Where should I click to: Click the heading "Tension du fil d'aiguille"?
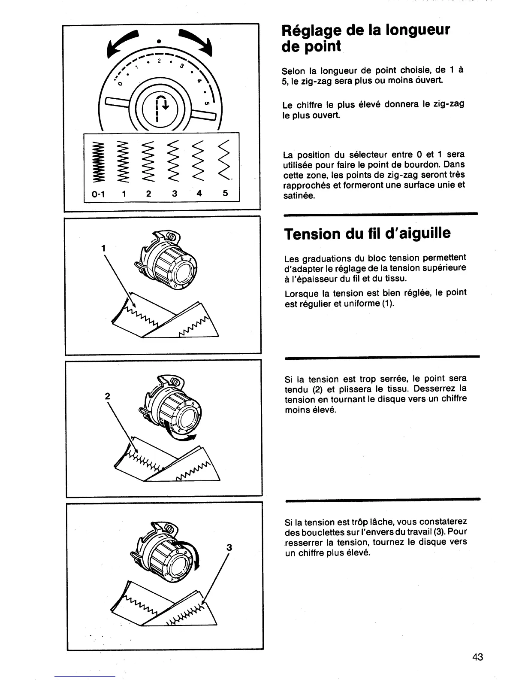(x=367, y=234)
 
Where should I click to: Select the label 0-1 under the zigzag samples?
(x=98, y=194)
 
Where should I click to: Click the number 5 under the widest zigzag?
(x=225, y=193)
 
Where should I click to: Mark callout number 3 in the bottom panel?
(x=229, y=547)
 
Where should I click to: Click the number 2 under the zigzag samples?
(x=148, y=194)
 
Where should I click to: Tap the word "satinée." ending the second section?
(x=299, y=196)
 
